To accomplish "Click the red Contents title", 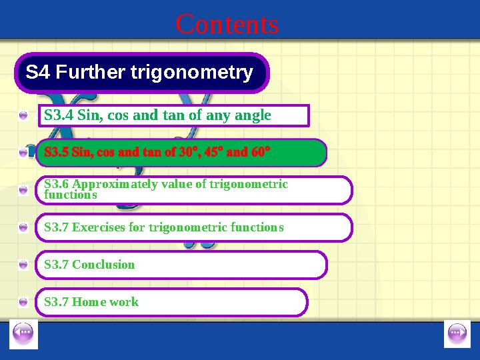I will tap(227, 25).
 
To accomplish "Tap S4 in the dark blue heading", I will tap(38, 72).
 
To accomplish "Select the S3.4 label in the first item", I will tap(59, 115).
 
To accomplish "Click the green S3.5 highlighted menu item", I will tap(181, 153).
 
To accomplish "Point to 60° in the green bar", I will tap(261, 153).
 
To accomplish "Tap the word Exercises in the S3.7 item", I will tap(98, 227).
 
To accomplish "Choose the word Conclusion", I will tap(103, 265).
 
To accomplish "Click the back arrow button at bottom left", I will tap(23, 333).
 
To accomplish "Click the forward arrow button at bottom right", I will tap(457, 333).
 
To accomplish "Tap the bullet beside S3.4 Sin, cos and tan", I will tap(23, 116).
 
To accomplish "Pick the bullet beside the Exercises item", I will tap(23, 228).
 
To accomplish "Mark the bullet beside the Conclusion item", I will tap(23, 265).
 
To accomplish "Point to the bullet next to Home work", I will tap(23, 303).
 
